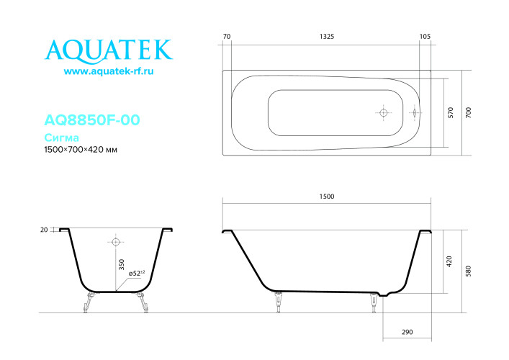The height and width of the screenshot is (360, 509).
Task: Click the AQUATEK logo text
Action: (109, 50)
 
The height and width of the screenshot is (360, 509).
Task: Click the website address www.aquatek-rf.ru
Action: (109, 72)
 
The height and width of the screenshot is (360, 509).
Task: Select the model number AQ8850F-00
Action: (91, 120)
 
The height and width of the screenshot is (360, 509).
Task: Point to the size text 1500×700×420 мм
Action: (81, 150)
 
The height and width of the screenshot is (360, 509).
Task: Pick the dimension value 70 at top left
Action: (227, 36)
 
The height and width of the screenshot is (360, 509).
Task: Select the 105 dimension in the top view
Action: (424, 36)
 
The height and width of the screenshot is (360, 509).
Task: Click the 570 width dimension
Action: (451, 112)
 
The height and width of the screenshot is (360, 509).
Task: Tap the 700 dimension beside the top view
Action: (469, 112)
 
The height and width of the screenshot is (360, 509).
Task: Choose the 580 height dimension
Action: (469, 271)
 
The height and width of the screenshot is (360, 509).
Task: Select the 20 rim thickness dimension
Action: (44, 230)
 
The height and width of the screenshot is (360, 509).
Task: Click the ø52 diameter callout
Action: (136, 274)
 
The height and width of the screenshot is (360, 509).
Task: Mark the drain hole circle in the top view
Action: (383, 113)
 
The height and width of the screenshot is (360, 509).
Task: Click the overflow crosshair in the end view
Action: (115, 241)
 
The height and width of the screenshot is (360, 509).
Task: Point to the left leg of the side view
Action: (278, 302)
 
